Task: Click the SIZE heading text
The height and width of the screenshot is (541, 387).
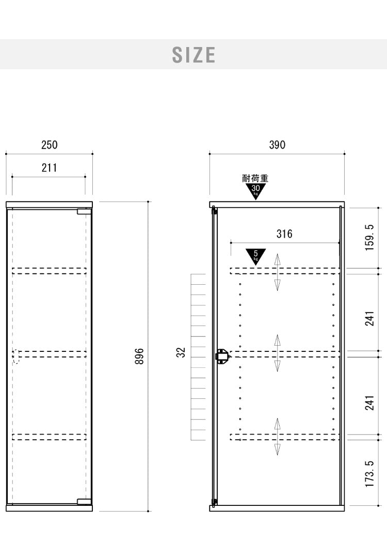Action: point(193,55)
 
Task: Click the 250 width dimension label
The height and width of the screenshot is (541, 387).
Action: point(50,145)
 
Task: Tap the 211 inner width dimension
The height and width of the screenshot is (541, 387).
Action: point(50,168)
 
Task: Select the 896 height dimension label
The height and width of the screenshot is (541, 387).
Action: point(139,356)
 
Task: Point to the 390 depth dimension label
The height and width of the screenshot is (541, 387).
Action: point(277,145)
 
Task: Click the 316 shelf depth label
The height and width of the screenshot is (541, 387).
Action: point(284,234)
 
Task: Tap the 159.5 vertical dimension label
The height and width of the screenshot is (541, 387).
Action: point(369,237)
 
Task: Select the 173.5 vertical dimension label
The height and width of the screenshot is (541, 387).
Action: point(369,474)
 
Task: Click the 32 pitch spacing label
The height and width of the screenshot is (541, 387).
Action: point(181,352)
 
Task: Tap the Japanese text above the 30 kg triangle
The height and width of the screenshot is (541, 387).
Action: point(255,178)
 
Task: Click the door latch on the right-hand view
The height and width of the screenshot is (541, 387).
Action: point(221,355)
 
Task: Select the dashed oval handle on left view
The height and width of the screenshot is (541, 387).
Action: point(16,356)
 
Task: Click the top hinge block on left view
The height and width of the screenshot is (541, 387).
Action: point(84,211)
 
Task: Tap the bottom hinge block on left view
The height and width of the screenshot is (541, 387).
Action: point(84,502)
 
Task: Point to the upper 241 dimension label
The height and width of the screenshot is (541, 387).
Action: point(369,318)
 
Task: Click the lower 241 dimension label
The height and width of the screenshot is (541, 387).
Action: point(369,403)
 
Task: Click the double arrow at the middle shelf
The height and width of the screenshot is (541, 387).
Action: point(278,353)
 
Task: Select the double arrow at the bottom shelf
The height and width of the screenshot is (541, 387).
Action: point(278,437)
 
